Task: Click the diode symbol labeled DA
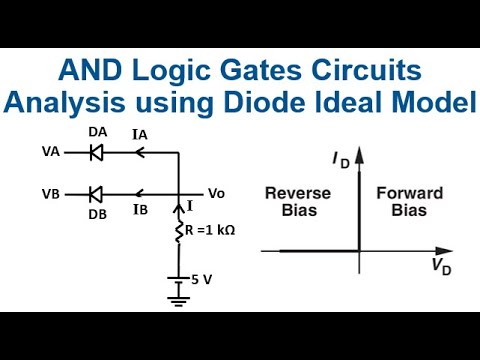[96, 153]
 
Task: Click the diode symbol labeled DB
[96, 192]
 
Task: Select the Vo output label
[216, 192]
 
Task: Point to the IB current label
[141, 210]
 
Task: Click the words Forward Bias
[402, 203]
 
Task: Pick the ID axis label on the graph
[339, 160]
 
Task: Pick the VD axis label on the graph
[440, 266]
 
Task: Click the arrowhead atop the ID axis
[358, 153]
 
